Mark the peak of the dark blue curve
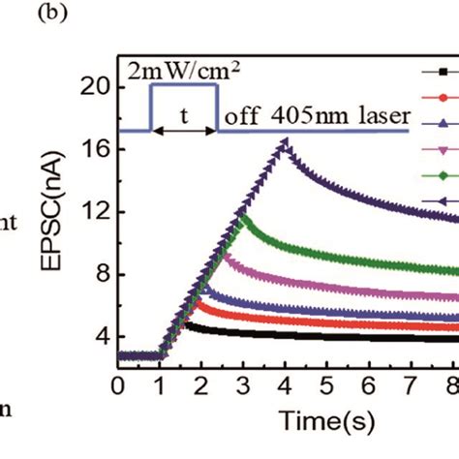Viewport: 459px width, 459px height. pos(287,141)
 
